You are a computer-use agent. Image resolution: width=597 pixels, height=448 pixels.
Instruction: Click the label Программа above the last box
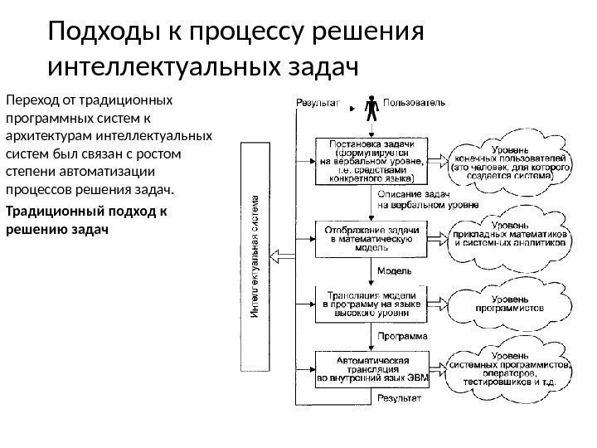pyautogui.click(x=403, y=337)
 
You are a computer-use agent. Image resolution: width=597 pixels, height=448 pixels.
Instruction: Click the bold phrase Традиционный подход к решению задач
pyautogui.click(x=86, y=219)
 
